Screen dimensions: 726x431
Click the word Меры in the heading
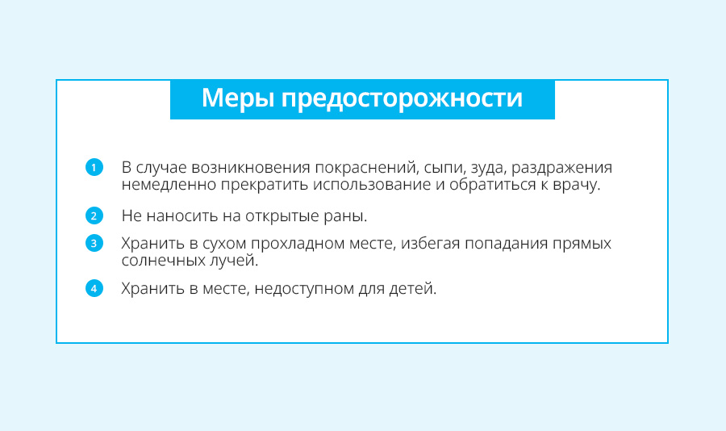pyautogui.click(x=237, y=99)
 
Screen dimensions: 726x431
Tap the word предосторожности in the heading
pyautogui.click(x=402, y=99)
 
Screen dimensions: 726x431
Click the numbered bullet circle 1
pyautogui.click(x=94, y=167)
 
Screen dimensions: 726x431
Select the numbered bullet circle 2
pyautogui.click(x=94, y=215)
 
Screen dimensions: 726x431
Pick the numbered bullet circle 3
pyautogui.click(x=94, y=243)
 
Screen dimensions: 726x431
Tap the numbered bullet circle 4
pyautogui.click(x=94, y=288)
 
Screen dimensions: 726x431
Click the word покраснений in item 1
pyautogui.click(x=367, y=167)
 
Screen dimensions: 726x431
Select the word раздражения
pyautogui.click(x=561, y=168)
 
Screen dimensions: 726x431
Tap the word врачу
pyautogui.click(x=577, y=185)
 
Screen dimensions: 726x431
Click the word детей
pyautogui.click(x=412, y=289)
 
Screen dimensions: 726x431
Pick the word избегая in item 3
pyautogui.click(x=430, y=243)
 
